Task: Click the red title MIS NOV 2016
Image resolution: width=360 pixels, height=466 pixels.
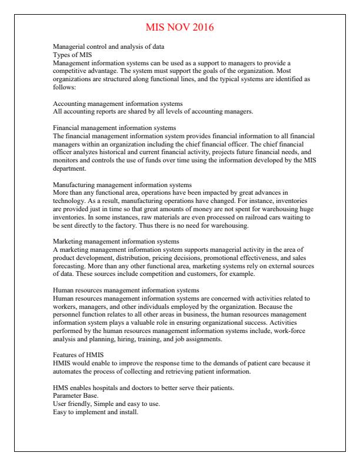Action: pyautogui.click(x=179, y=27)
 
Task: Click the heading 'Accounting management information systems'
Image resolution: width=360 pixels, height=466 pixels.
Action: pyautogui.click(x=118, y=104)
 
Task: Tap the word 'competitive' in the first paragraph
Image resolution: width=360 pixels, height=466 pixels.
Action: pyautogui.click(x=70, y=69)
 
